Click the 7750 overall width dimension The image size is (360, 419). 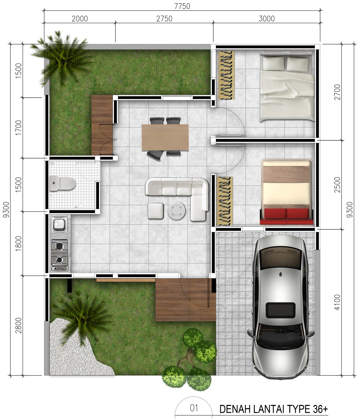click(x=182, y=6)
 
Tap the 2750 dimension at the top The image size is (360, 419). click(x=164, y=19)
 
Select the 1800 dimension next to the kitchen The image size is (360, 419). click(x=18, y=244)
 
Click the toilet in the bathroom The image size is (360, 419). click(x=63, y=183)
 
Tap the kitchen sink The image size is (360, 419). click(x=59, y=225)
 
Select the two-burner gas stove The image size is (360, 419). click(x=59, y=255)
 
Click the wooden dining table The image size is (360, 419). click(x=165, y=137)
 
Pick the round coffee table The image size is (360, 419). click(x=177, y=210)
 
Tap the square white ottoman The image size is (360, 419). click(x=156, y=211)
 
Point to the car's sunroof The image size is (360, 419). click(x=280, y=310)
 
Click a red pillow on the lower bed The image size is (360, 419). click(x=275, y=214)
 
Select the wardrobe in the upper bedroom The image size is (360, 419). click(x=226, y=75)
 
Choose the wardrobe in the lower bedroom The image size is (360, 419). click(x=225, y=201)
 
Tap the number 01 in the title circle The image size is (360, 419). click(x=194, y=408)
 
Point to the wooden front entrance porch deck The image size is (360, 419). click(x=186, y=300)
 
